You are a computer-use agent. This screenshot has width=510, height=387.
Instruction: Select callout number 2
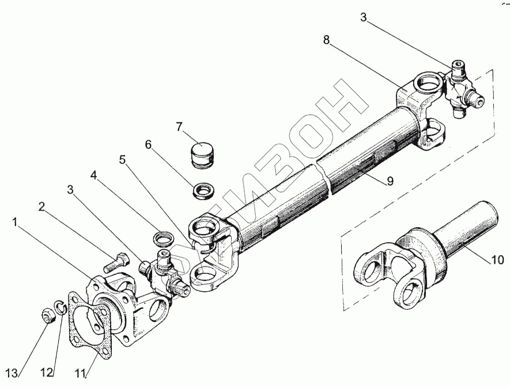42,206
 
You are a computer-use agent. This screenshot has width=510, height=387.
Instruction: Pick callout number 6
148,144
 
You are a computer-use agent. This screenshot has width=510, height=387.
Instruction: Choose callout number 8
327,41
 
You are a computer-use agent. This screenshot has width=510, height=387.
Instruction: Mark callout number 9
390,181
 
